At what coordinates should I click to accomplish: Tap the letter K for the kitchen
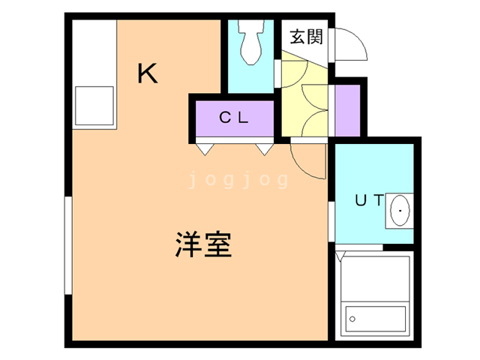147,74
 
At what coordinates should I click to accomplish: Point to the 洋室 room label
202,244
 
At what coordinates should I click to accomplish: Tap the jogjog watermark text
238,181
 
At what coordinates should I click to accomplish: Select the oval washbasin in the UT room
400,211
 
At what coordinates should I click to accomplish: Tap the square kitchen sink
94,106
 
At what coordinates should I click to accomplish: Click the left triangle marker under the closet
205,149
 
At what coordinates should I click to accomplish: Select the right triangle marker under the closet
263,149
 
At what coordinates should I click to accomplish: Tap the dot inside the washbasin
400,211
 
